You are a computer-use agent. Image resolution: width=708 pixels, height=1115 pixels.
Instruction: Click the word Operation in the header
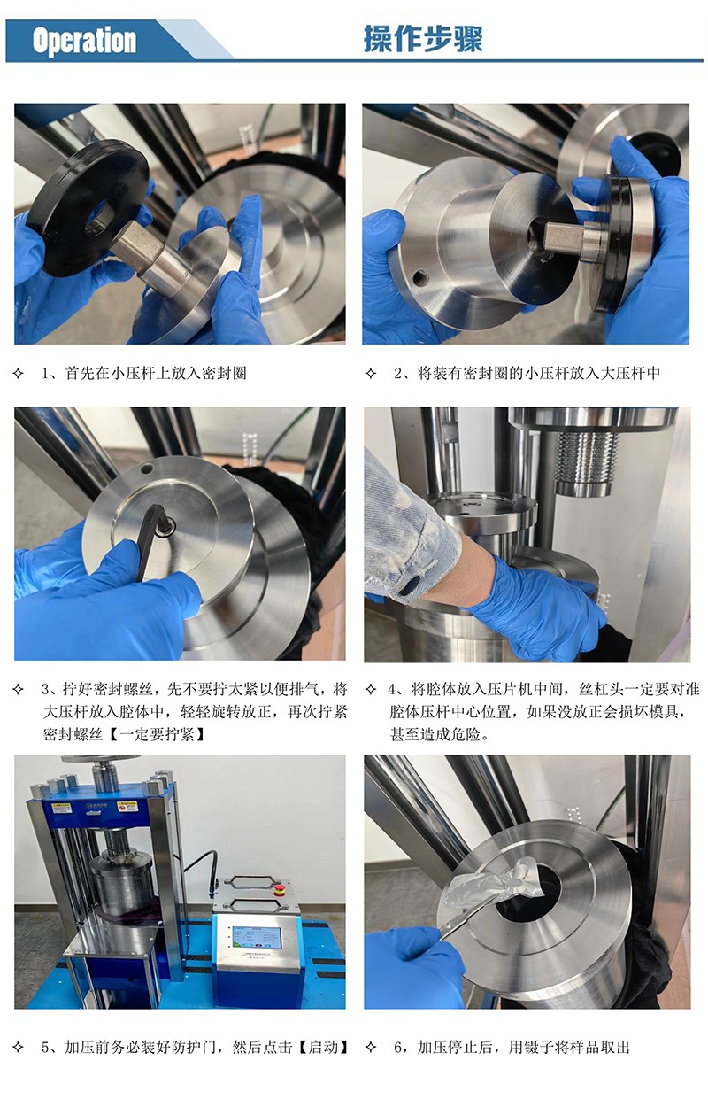point(84,41)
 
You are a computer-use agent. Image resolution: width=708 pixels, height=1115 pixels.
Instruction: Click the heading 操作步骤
point(422,39)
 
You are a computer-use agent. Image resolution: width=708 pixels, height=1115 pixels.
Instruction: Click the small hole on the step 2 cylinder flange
point(420,279)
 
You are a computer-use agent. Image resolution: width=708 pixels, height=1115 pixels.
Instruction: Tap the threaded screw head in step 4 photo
point(585,461)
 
